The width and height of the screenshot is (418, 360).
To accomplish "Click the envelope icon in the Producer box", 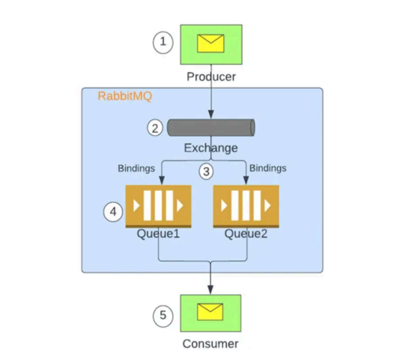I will (x=211, y=43).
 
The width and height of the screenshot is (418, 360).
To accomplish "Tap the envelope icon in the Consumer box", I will (x=211, y=313).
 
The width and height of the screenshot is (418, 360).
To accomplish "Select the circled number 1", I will (x=163, y=42).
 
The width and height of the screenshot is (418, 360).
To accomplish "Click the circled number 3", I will (x=207, y=172).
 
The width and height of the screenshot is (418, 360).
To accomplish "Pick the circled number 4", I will (x=113, y=212).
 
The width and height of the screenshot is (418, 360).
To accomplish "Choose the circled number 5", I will (x=163, y=315).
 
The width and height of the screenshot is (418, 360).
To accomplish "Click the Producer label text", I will (x=211, y=77).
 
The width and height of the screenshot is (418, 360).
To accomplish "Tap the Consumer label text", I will (x=211, y=344).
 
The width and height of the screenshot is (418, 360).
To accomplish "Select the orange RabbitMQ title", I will (x=125, y=97).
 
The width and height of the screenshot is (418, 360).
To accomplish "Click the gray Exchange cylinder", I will (x=211, y=127).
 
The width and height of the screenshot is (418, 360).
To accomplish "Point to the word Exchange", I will (x=211, y=148).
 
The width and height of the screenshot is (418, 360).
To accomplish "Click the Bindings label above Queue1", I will (x=136, y=168).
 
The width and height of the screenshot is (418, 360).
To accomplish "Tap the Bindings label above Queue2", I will (x=268, y=168).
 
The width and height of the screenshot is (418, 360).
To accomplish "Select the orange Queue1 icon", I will (x=159, y=206).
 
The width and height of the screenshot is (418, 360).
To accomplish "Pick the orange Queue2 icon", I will (x=246, y=206).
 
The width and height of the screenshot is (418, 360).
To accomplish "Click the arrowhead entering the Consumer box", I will (x=211, y=290).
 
